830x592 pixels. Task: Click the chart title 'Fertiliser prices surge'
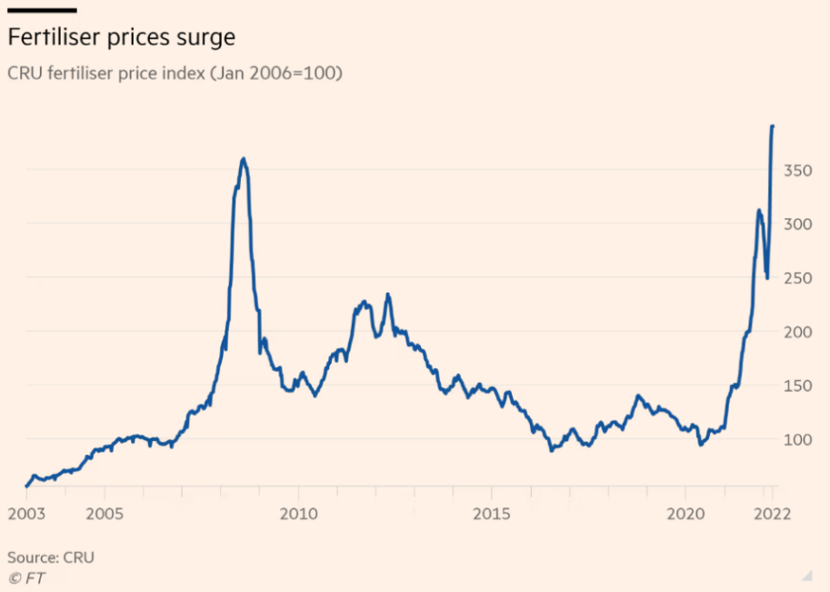click(122, 38)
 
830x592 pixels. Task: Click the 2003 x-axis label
click(26, 514)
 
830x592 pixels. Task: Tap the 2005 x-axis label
click(105, 514)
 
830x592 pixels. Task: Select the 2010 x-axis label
click(298, 514)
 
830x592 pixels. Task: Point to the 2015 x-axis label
click(491, 514)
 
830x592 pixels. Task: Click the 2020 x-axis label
click(685, 514)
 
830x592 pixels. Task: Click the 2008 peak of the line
click(243, 159)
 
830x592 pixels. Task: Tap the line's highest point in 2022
click(773, 126)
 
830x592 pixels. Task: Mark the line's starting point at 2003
click(26, 487)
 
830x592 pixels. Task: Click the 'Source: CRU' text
click(51, 557)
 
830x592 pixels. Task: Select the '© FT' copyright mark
click(27, 577)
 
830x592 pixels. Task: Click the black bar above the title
click(42, 10)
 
